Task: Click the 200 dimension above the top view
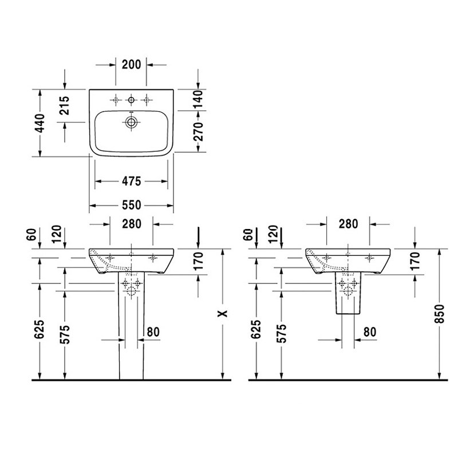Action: coord(131,65)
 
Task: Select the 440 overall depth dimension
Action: coord(40,123)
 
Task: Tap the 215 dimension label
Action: coord(65,105)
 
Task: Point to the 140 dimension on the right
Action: coord(198,100)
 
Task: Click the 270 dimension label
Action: coord(198,132)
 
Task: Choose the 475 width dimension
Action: coord(132,181)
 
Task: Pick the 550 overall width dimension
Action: coord(132,206)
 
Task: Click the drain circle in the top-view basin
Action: coord(131,122)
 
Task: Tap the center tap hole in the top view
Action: coord(131,100)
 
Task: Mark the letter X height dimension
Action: coord(223,314)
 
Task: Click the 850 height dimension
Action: coord(439,314)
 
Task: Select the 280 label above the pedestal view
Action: coord(132,224)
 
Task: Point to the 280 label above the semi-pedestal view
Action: coord(348,224)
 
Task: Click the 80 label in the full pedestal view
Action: coord(153,332)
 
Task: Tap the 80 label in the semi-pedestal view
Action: coord(370,332)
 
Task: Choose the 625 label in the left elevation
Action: coord(40,329)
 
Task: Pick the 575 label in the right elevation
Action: coord(282,333)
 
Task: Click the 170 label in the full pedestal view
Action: coord(198,261)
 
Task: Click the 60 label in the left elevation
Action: coord(31,234)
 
